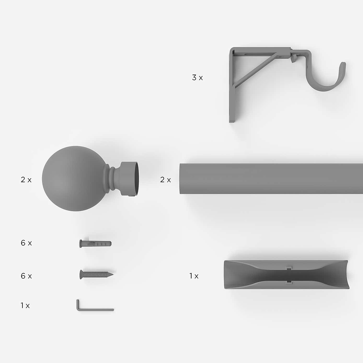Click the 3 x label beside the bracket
pyautogui.click(x=197, y=78)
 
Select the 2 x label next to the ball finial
pyautogui.click(x=26, y=180)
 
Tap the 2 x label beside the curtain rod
pyautogui.click(x=165, y=180)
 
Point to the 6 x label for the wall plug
pyautogui.click(x=26, y=243)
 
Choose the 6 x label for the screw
pyautogui.click(x=26, y=276)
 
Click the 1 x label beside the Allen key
pyautogui.click(x=25, y=306)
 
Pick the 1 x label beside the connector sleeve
pyautogui.click(x=194, y=276)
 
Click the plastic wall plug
pyautogui.click(x=95, y=244)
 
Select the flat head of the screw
pyautogui.click(x=81, y=274)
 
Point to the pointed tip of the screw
pyautogui.click(x=113, y=274)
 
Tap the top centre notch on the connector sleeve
pyautogui.click(x=289, y=269)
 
